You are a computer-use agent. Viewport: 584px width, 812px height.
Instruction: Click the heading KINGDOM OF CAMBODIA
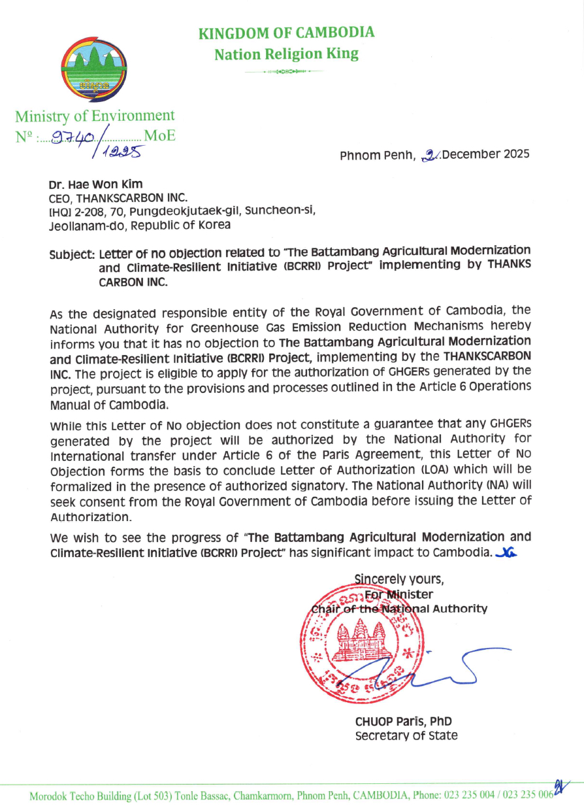pyautogui.click(x=286, y=33)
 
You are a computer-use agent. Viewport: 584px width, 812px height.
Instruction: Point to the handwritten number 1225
pyautogui.click(x=120, y=152)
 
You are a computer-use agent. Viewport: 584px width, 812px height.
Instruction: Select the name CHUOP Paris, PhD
pyautogui.click(x=403, y=722)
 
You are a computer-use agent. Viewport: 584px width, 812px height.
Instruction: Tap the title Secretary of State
pyautogui.click(x=406, y=736)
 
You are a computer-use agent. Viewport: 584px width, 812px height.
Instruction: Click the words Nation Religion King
pyautogui.click(x=286, y=54)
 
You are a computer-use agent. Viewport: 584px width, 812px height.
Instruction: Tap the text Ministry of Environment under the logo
pyautogui.click(x=95, y=116)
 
